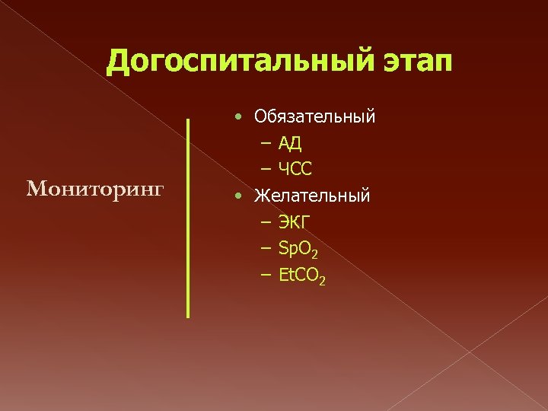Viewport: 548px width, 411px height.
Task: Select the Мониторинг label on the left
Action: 95,189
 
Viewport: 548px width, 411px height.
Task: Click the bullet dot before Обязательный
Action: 239,116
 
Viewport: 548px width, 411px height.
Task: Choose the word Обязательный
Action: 315,117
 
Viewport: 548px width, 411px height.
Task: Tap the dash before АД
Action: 265,143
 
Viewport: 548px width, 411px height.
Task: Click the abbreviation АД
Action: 292,144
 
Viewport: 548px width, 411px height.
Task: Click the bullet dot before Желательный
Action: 239,196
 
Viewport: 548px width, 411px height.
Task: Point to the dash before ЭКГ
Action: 265,222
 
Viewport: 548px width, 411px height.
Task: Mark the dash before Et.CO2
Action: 265,275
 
